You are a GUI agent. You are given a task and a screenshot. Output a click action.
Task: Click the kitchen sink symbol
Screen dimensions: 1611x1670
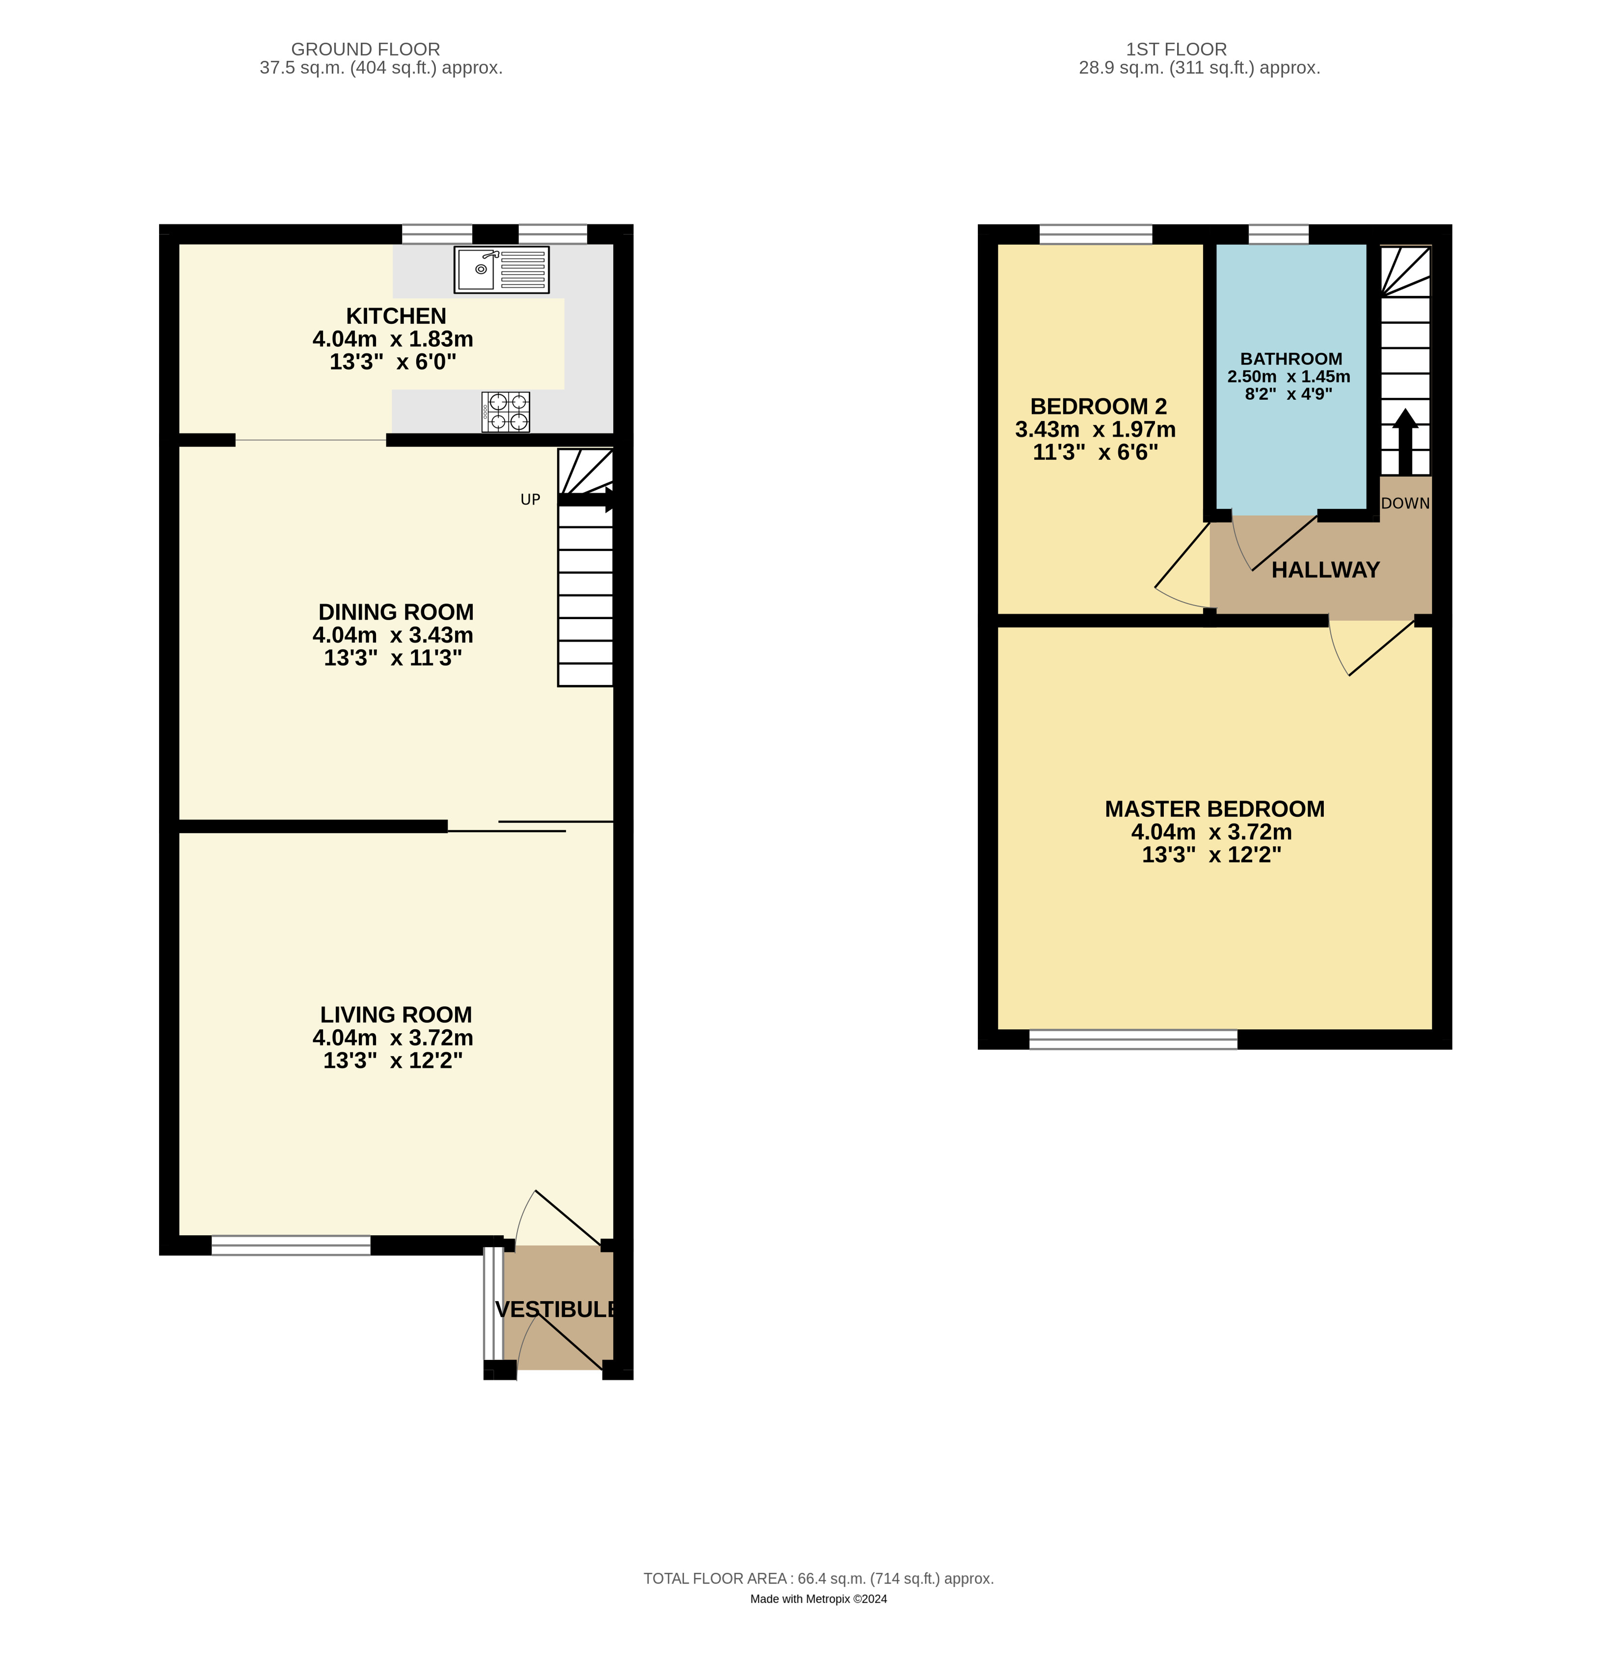(501, 270)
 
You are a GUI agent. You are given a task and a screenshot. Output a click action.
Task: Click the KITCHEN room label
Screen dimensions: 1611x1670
(396, 316)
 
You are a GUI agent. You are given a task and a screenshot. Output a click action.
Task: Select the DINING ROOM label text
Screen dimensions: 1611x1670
(396, 612)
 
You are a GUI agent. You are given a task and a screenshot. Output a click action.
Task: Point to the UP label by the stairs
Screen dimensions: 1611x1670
(530, 500)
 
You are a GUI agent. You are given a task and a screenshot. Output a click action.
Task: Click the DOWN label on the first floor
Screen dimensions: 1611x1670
(1405, 503)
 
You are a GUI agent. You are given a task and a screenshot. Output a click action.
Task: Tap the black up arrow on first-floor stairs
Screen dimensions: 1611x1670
(1405, 442)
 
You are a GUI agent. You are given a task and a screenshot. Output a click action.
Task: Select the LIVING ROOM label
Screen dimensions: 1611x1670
(396, 1015)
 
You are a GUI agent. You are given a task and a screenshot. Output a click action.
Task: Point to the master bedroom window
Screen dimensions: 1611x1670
(1133, 1039)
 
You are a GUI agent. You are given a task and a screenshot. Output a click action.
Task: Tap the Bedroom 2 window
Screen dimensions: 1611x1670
(1095, 235)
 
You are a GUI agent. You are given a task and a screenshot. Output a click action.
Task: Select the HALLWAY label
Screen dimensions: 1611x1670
(1325, 570)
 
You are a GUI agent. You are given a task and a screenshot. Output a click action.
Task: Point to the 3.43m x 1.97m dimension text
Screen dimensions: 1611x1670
(1095, 429)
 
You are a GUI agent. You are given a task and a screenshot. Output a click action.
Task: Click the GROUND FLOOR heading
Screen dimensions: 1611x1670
(366, 50)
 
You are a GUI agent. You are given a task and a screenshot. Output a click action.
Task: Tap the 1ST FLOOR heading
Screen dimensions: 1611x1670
(1176, 50)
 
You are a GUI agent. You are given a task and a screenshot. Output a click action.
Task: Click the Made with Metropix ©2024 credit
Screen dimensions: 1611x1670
(818, 1599)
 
